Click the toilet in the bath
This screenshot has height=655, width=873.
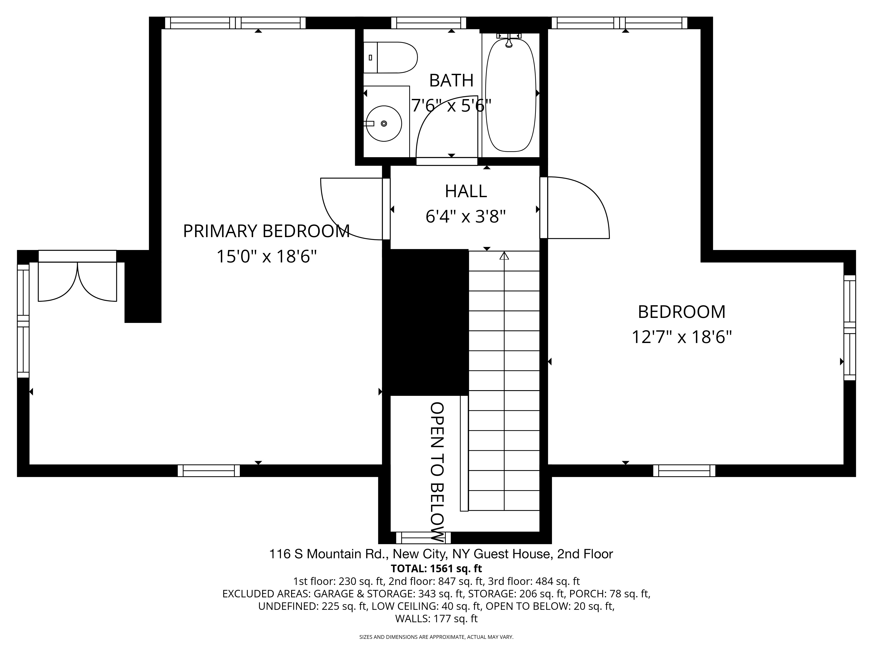[x=390, y=58]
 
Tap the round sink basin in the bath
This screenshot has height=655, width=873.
[x=384, y=124]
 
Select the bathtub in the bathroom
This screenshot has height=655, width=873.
[x=511, y=95]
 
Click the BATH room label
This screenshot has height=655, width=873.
[x=451, y=81]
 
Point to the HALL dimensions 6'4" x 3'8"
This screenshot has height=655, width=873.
[x=466, y=216]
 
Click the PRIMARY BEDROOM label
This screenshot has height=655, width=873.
[x=266, y=231]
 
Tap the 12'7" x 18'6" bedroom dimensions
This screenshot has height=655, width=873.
[x=682, y=337]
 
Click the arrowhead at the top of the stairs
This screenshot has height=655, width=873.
[x=504, y=256]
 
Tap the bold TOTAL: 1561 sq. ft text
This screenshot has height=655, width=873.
[x=436, y=569]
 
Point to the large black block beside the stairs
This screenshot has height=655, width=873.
[x=425, y=322]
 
